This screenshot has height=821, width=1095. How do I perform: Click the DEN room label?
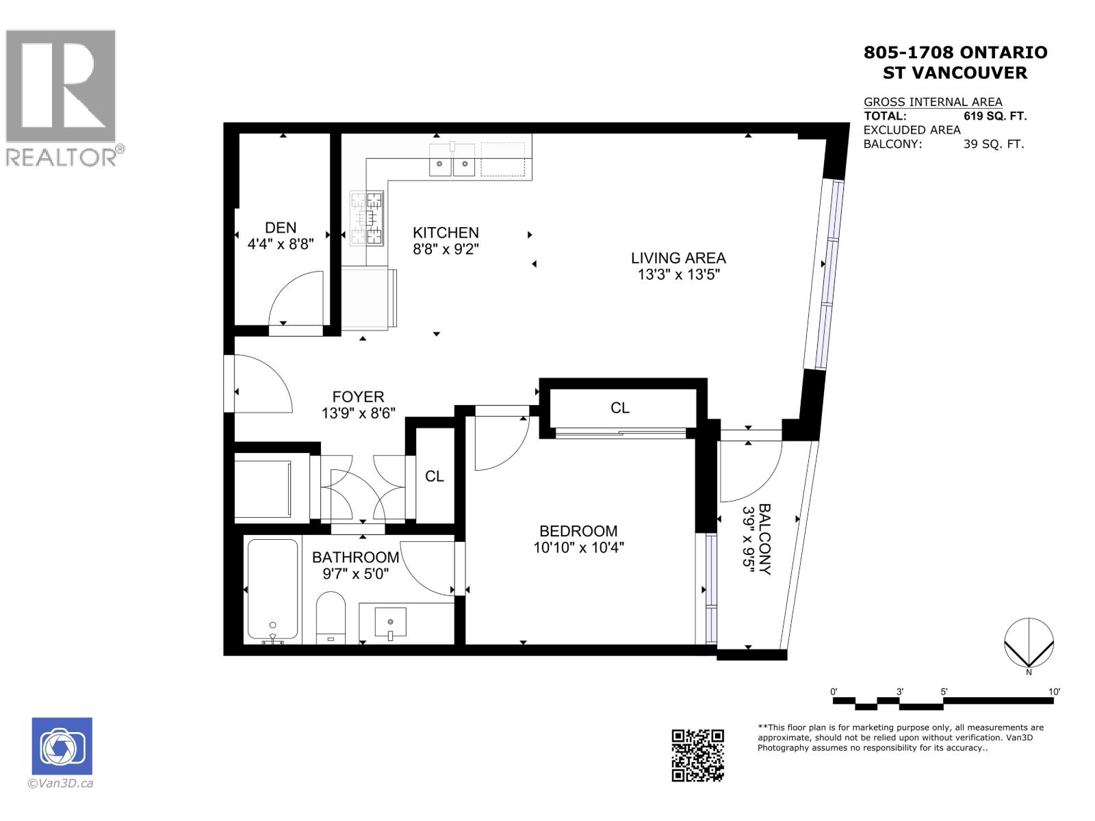click(x=281, y=228)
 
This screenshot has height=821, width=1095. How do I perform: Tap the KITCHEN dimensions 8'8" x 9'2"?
click(x=446, y=250)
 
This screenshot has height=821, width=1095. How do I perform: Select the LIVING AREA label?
click(x=678, y=258)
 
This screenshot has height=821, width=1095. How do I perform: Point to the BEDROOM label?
click(x=578, y=531)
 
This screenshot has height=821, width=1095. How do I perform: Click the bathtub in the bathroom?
click(x=272, y=590)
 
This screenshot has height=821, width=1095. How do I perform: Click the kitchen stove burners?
click(x=366, y=218)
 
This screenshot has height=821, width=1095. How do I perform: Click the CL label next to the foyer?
click(x=435, y=476)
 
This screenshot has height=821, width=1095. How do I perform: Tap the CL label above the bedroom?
click(x=620, y=408)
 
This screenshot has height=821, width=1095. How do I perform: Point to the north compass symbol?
click(x=1029, y=643)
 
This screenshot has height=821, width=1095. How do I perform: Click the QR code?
click(x=697, y=755)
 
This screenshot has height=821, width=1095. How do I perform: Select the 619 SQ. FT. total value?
click(x=994, y=116)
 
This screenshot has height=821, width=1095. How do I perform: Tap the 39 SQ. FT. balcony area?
click(x=993, y=144)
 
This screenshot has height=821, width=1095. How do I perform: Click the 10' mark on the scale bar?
click(x=1054, y=692)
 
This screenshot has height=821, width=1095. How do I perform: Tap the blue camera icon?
click(x=62, y=746)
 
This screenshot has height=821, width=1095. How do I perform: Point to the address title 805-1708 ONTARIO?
click(x=955, y=53)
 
